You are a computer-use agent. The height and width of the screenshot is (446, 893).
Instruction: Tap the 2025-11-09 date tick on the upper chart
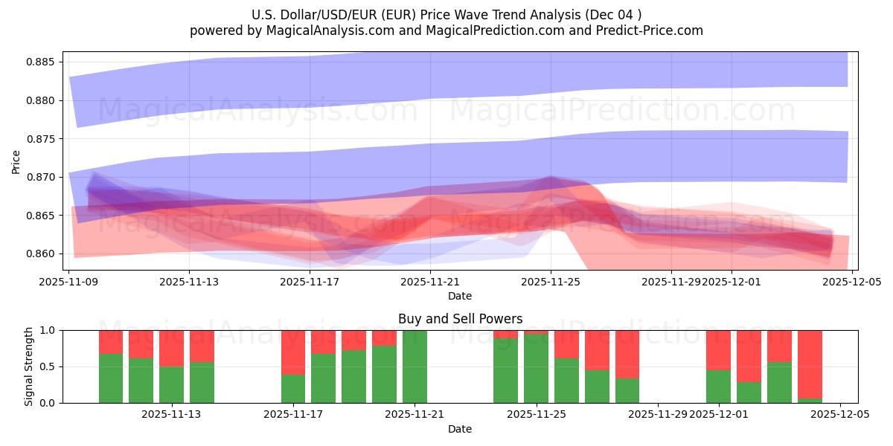(69, 282)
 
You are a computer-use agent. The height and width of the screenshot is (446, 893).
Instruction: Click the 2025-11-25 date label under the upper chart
(551, 282)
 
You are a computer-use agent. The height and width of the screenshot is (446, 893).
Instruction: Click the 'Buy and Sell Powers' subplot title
(460, 319)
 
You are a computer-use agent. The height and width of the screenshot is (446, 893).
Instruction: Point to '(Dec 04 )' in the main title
(614, 14)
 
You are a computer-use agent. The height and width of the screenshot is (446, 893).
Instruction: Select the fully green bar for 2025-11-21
(415, 366)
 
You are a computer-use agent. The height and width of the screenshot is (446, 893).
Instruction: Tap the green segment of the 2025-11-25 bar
(536, 369)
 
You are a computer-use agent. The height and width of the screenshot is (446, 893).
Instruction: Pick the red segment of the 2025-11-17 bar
(293, 352)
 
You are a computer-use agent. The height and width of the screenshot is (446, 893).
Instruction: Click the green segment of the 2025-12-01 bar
(718, 387)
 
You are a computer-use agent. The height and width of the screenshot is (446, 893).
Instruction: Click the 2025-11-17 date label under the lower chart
(293, 414)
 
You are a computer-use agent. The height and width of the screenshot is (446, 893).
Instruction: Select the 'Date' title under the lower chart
(460, 429)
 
